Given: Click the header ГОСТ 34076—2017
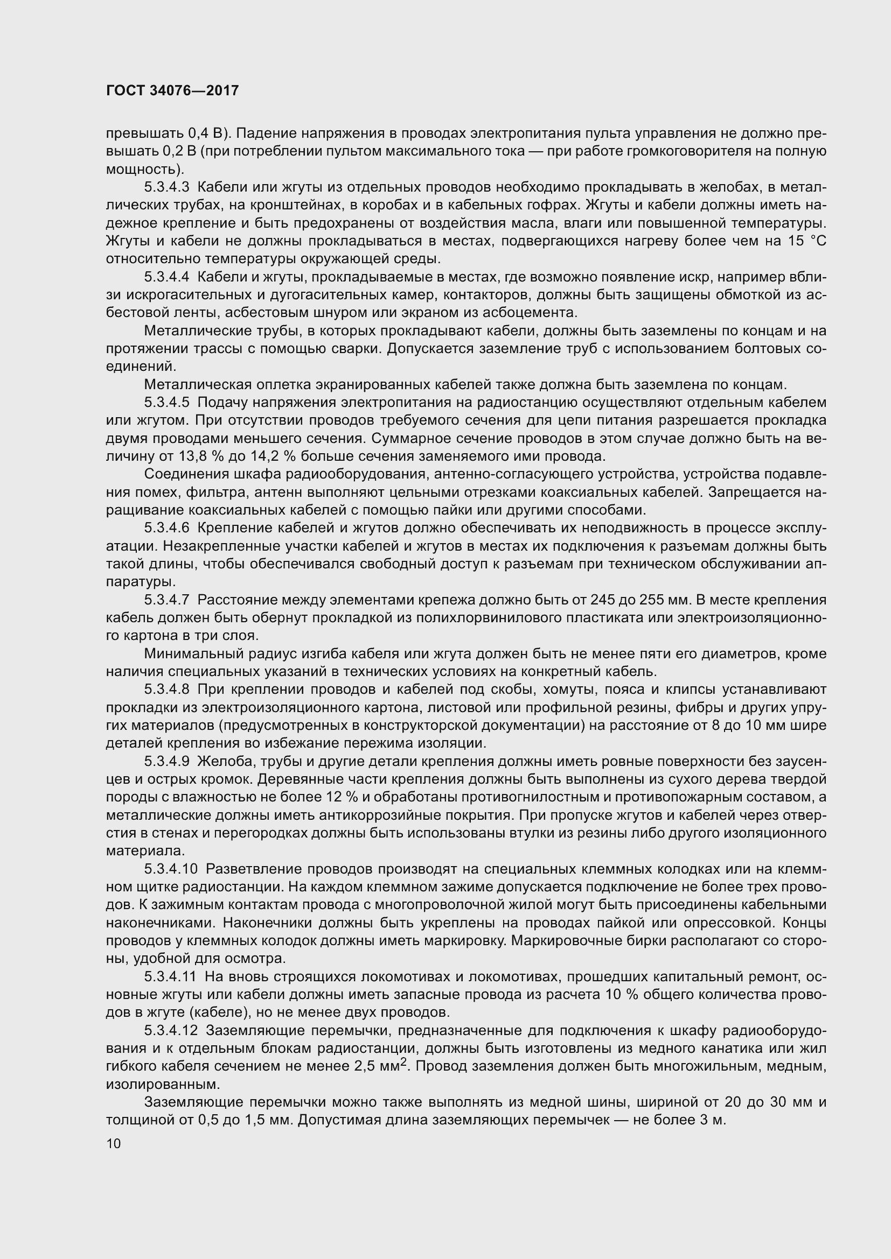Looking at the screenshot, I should [172, 91].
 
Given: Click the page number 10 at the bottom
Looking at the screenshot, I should [114, 1144].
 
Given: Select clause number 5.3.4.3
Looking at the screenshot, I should [167, 187].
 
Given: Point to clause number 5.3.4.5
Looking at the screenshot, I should [167, 403].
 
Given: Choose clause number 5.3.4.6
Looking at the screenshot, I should [167, 529].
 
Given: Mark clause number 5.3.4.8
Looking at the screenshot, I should [167, 690].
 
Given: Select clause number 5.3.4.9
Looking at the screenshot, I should [167, 762].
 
